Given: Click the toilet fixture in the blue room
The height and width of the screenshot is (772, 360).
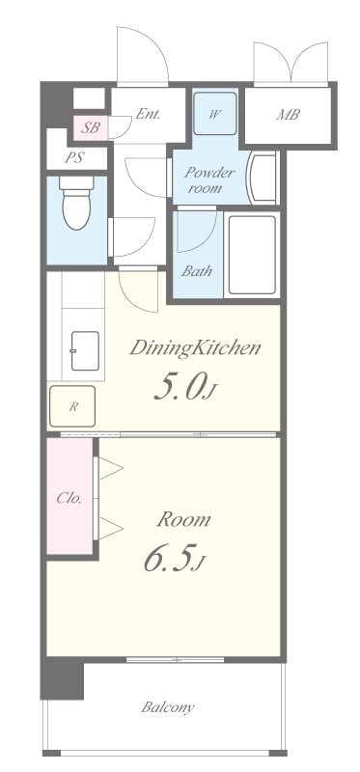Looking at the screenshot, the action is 76,203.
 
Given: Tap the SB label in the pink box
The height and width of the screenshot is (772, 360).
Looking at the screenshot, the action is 91,128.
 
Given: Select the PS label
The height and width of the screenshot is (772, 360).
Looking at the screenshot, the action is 74,158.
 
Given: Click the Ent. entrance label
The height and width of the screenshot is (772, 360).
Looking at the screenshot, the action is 148,114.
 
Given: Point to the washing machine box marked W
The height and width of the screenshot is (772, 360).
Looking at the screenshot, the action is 214,114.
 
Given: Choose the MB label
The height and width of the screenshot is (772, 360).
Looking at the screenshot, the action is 289,115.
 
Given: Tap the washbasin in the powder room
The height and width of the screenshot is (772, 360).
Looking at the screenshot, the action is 263,178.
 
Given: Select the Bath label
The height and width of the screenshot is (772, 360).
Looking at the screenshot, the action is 197,270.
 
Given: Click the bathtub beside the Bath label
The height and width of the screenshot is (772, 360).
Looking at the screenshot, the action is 252,255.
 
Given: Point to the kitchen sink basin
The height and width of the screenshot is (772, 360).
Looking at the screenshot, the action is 85,350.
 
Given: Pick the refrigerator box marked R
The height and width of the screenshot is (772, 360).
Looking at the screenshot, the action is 72,406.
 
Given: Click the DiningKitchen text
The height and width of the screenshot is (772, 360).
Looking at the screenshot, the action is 195,348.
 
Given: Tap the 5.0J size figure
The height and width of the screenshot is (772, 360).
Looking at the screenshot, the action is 184,388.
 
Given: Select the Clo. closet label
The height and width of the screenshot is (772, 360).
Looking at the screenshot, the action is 69,498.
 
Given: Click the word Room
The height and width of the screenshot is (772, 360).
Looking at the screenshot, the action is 183,519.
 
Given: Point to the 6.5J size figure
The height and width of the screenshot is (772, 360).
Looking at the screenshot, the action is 174,560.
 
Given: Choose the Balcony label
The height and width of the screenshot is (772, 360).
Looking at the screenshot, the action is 168,707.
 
